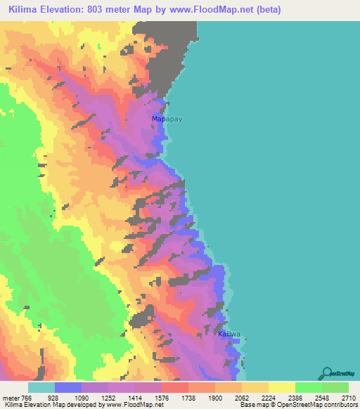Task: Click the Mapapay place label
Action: point(167,119)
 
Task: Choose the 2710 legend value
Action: point(349,397)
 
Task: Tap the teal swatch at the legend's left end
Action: point(41,387)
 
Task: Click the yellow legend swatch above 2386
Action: point(281,387)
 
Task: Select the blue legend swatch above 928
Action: point(68,387)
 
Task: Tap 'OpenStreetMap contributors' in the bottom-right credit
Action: point(324,405)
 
